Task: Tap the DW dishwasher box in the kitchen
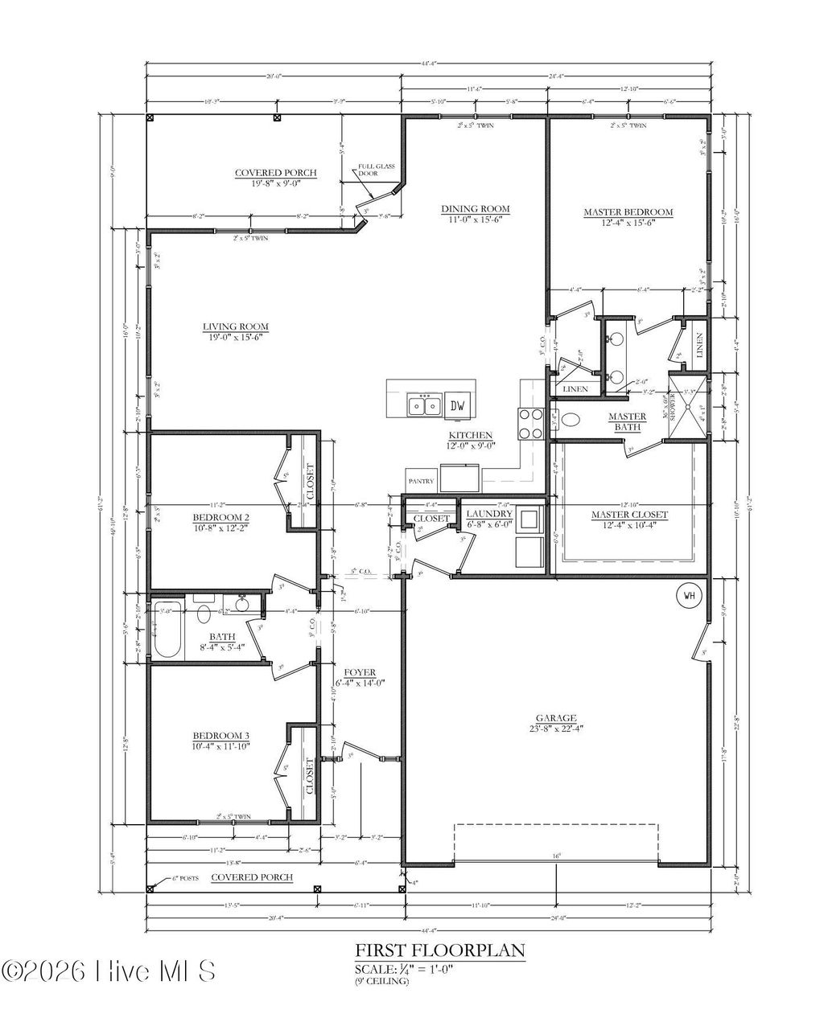tap(458, 405)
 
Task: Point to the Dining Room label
tap(476, 209)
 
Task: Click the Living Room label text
tap(235, 326)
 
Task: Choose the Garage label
tap(556, 718)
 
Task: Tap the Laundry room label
tap(489, 514)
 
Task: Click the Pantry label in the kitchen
tap(421, 482)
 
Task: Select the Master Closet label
tap(629, 515)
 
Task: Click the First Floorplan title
tap(440, 951)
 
